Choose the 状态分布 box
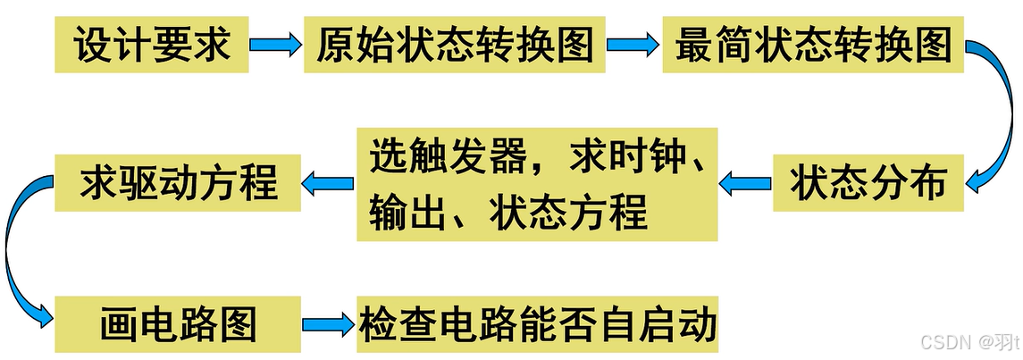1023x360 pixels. pos(868,183)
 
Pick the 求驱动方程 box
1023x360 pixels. pos(179,183)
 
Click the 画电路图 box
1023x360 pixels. pos(179,323)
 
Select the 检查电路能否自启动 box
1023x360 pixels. pos(538,323)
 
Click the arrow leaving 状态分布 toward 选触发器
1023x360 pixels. pos(744,183)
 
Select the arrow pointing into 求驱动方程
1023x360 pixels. pos(328,183)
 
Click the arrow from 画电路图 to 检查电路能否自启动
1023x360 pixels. pos(328,324)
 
